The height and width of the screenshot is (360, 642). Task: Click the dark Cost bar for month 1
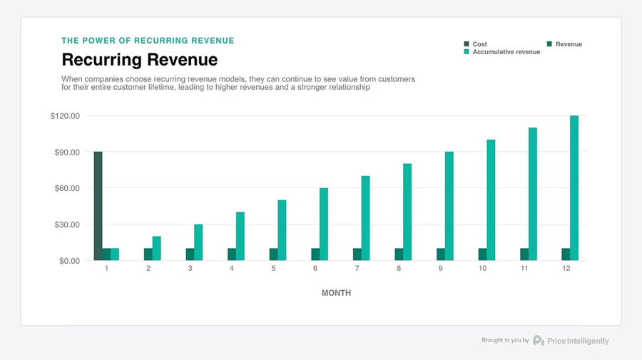(98, 206)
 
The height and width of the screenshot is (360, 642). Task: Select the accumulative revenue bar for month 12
(574, 188)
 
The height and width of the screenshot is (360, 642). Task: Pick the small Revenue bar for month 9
(441, 254)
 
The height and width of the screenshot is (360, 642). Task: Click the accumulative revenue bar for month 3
(198, 242)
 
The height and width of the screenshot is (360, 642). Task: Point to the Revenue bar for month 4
(232, 254)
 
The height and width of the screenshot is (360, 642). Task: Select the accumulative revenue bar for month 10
(491, 200)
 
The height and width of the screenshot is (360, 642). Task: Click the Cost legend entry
(479, 44)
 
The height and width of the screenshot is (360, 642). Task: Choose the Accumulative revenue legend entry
(506, 52)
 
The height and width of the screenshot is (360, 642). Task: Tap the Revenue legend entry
(569, 44)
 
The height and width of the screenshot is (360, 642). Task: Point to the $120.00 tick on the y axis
(65, 116)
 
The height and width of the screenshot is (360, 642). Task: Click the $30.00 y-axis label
(66, 225)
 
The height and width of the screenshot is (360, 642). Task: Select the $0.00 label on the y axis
(68, 261)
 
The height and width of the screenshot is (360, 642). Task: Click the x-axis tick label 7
(357, 269)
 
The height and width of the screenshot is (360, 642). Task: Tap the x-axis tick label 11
(524, 269)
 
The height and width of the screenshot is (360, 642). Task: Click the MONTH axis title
(336, 293)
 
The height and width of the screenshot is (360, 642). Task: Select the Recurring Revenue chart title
(139, 59)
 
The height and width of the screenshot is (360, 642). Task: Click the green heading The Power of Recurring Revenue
(148, 41)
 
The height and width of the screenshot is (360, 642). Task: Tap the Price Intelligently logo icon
(539, 341)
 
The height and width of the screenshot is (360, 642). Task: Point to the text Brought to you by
(505, 341)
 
